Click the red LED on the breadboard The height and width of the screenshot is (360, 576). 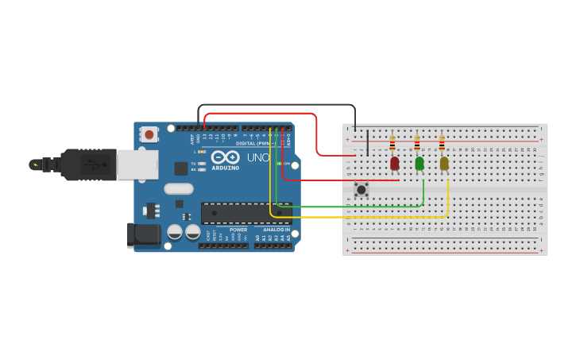pyautogui.click(x=395, y=163)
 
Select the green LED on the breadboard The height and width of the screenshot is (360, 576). pyautogui.click(x=419, y=163)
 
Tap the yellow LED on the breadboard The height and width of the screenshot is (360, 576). pyautogui.click(x=444, y=163)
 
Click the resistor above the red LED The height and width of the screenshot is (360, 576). pyautogui.click(x=392, y=144)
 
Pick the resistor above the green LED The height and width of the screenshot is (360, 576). pyautogui.click(x=417, y=144)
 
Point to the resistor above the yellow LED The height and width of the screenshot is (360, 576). pyautogui.click(x=442, y=144)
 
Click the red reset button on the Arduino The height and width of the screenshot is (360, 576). pyautogui.click(x=149, y=135)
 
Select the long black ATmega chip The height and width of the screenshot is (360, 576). pyautogui.click(x=245, y=212)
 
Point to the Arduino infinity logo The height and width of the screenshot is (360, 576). pyautogui.click(x=226, y=157)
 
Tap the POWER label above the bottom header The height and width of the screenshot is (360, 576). pyautogui.click(x=238, y=230)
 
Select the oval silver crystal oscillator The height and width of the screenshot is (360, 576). pyautogui.click(x=179, y=189)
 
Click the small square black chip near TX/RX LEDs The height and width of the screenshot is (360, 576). pyautogui.click(x=181, y=168)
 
